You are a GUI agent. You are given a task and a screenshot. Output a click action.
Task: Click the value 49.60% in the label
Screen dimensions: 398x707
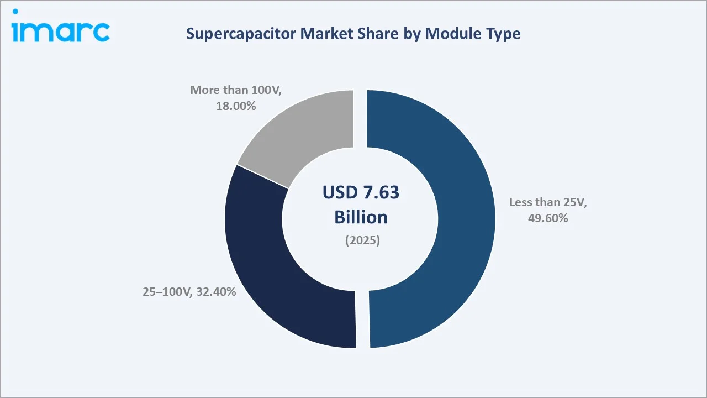click(547, 218)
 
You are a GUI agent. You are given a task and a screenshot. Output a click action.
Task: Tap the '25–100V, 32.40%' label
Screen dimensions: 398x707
click(189, 291)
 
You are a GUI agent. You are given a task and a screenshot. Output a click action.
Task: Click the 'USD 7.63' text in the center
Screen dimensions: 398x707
click(361, 192)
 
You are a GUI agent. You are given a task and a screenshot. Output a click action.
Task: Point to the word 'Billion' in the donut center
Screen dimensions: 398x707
click(361, 217)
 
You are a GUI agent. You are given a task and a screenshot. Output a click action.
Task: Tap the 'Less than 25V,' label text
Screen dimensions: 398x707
click(548, 202)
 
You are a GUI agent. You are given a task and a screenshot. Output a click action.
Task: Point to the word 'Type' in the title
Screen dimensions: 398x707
click(503, 34)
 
